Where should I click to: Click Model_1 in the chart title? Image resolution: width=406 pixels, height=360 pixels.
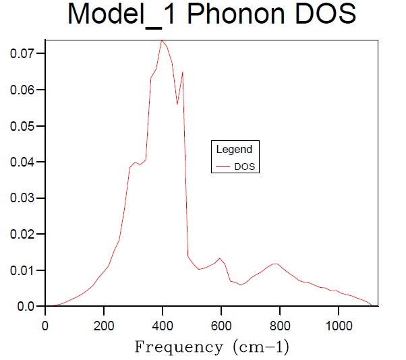point(123,15)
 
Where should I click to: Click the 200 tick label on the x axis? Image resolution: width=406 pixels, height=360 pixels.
point(104,324)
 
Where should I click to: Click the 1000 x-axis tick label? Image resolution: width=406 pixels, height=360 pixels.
point(338,324)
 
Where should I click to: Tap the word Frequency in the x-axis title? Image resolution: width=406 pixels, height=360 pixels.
point(178,348)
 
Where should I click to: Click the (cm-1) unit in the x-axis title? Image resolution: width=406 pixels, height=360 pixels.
point(259,348)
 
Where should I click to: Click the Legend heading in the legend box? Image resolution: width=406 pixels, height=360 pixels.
point(234,150)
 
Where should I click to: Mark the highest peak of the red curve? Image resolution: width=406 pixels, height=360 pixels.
point(162,40)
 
